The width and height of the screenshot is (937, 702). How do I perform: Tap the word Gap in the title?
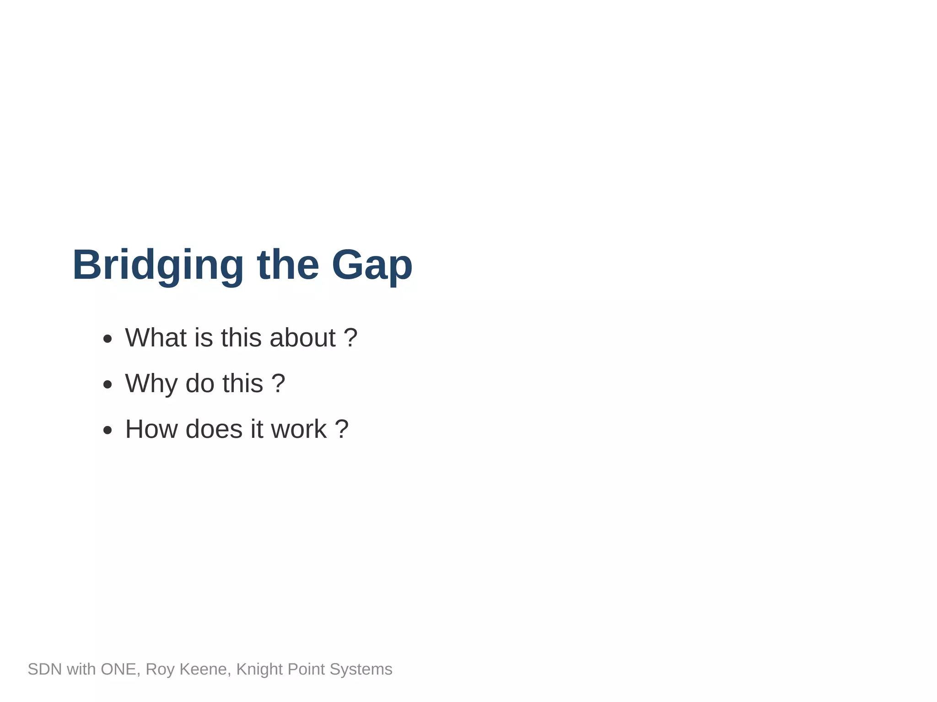372,265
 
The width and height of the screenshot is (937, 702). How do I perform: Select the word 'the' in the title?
288,265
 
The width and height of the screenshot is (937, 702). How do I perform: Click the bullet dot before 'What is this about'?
108,339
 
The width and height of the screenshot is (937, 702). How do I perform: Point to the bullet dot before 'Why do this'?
108,384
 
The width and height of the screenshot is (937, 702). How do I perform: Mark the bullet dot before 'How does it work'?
108,430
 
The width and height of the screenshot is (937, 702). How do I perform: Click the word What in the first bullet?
156,338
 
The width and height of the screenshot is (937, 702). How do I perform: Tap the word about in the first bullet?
302,338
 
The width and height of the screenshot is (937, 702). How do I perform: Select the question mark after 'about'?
350,338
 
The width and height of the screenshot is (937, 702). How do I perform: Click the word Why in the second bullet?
151,383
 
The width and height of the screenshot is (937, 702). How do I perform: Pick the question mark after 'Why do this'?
278,383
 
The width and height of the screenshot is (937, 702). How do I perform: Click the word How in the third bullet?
151,429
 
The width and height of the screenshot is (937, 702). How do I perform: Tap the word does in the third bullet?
214,429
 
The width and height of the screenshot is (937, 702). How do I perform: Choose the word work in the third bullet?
299,429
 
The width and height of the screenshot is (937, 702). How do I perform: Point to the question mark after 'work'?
342,429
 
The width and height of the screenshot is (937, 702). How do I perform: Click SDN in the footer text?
44,669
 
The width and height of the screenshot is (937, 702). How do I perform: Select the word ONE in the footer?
118,669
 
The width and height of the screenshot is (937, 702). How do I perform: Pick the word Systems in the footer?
361,669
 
